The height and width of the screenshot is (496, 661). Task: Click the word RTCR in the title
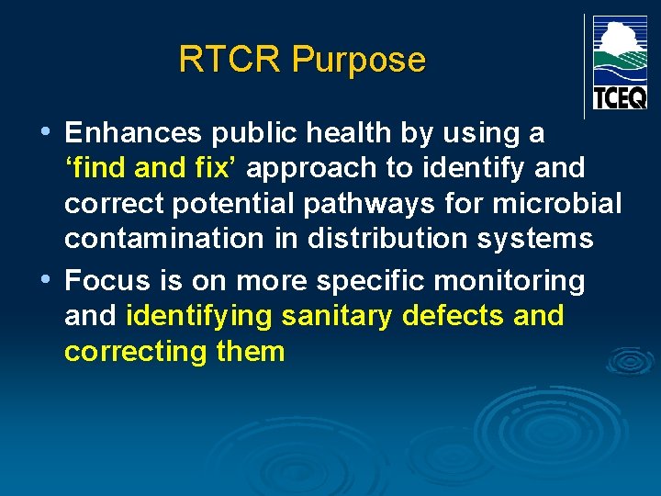[230, 60]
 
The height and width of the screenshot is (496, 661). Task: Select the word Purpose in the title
[358, 61]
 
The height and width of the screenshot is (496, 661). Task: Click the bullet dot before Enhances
[48, 131]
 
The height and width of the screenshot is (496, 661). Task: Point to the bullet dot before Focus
[48, 278]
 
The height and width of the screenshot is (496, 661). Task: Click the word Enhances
[134, 133]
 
